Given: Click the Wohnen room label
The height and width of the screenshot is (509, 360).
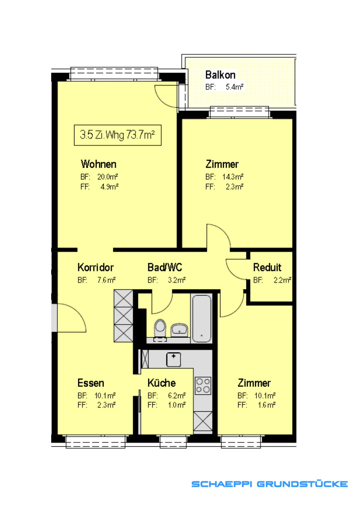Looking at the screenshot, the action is coord(99,164).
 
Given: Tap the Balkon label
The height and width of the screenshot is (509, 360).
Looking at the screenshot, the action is coord(220,75).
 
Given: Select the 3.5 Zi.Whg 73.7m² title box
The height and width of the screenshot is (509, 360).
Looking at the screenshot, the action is coord(118,135).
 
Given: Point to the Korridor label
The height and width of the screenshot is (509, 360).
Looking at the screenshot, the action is coord(95,268).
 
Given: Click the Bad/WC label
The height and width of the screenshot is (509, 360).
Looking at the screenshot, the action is coord(165,268).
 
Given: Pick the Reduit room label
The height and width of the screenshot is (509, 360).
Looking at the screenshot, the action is coord(267,268).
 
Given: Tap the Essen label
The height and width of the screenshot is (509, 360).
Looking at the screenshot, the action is coord(91,383).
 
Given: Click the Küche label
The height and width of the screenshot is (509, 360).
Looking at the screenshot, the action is coord(162,383).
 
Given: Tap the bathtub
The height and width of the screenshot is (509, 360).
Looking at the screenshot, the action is coord(201,318).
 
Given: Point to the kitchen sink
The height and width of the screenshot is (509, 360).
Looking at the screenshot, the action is coord(174,359).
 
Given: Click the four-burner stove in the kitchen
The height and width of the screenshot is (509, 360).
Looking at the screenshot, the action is coord(203,386).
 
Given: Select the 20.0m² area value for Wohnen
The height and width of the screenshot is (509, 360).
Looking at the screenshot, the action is coord(108,177).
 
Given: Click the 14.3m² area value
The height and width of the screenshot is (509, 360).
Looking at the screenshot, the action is coord(233,177).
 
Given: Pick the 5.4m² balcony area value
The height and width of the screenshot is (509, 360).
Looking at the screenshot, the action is coord(235,87).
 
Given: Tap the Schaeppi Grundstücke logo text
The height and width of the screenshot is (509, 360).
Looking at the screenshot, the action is coord(269,484).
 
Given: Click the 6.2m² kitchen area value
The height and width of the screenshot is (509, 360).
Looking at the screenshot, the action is coord(177,396).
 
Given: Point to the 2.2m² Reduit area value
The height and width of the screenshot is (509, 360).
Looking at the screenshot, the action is coord(282,280).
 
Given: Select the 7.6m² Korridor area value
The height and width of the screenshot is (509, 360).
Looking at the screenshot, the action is coord(107,280).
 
